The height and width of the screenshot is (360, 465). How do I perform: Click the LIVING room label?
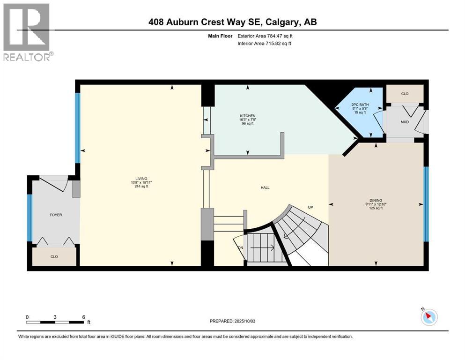(x=141, y=179)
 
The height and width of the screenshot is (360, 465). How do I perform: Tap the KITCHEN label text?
(x=247, y=116)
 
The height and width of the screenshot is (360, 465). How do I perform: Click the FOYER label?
(x=56, y=215)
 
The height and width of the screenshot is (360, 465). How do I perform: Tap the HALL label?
(x=265, y=188)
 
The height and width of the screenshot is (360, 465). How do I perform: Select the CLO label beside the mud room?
(x=405, y=94)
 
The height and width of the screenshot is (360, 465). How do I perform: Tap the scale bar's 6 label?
(x=83, y=317)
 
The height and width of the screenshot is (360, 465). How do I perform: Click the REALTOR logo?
(x=27, y=32)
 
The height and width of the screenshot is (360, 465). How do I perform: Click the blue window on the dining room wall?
(x=426, y=204)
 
